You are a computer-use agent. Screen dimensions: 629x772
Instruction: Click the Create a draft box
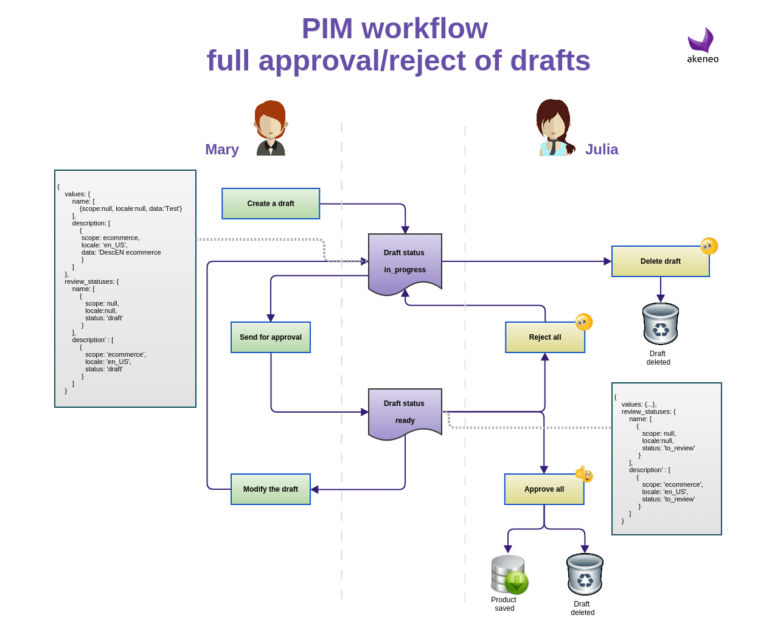(x=271, y=204)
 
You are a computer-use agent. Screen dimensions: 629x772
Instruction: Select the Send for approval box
(x=271, y=337)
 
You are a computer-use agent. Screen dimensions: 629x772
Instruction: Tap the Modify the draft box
(x=271, y=489)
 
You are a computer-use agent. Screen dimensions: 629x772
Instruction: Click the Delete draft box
(x=660, y=261)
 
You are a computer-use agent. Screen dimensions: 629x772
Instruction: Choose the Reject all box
(x=544, y=337)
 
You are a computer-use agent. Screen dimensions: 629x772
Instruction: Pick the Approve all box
(x=544, y=489)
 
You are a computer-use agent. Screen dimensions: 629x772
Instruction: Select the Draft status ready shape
(x=405, y=413)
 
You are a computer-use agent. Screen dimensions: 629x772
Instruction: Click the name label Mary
(x=222, y=150)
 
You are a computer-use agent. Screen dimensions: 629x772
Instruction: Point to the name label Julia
(x=602, y=150)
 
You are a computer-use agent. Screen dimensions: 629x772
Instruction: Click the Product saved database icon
(x=509, y=574)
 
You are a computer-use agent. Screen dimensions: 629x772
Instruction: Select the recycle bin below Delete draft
(x=661, y=324)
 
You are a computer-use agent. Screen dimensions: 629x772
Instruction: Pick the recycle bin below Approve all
(x=585, y=574)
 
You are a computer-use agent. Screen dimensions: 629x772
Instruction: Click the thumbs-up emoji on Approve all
(x=584, y=473)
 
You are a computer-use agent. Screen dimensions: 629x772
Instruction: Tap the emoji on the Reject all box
(x=584, y=322)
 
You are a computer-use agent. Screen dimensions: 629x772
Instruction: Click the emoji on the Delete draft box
(x=709, y=246)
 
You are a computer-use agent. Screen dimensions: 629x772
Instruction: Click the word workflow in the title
(x=425, y=29)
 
